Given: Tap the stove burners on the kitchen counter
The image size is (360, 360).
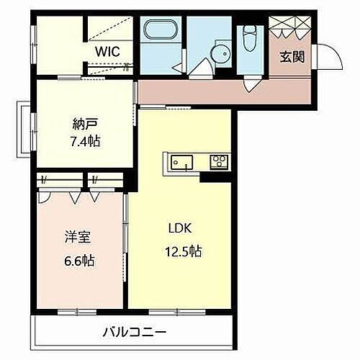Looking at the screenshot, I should [x=217, y=162].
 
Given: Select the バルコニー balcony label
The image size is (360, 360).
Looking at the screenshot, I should [x=133, y=333].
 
